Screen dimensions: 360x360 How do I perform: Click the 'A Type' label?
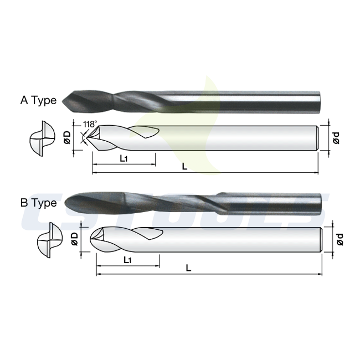38,100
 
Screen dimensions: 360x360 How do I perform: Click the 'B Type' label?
38,203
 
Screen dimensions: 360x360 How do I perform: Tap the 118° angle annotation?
90,124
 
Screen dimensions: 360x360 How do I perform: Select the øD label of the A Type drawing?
67,137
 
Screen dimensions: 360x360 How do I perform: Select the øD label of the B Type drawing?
75,239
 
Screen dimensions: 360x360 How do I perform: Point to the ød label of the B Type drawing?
340,239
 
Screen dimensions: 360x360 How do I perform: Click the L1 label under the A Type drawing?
124,158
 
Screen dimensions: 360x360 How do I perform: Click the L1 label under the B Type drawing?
127,260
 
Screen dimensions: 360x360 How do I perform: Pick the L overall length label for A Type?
184,166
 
